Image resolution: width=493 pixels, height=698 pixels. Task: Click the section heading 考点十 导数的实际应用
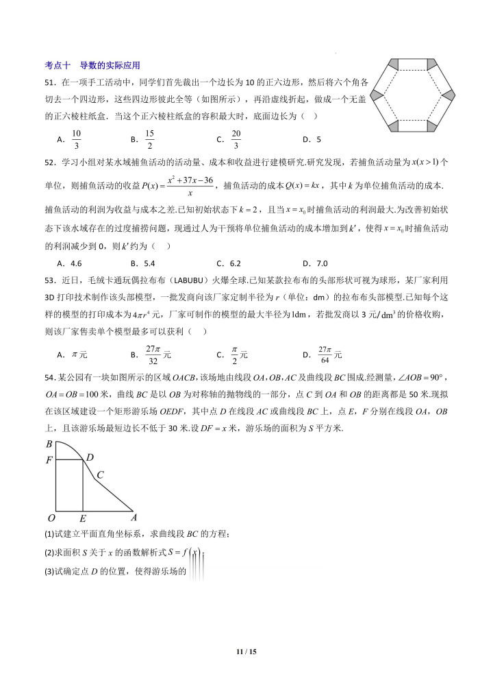point(92,66)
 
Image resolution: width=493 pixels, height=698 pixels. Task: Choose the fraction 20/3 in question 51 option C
point(236,139)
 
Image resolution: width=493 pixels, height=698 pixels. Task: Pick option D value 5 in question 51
point(318,139)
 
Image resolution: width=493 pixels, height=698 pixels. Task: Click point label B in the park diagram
point(49,444)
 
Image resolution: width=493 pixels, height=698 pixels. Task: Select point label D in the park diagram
point(90,457)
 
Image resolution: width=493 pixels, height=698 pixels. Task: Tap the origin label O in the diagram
point(51,518)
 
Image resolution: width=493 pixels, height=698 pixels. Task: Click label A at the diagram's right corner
point(134,518)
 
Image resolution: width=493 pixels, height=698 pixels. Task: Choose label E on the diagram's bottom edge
point(83,518)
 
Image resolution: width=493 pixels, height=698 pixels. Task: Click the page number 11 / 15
point(246,651)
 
